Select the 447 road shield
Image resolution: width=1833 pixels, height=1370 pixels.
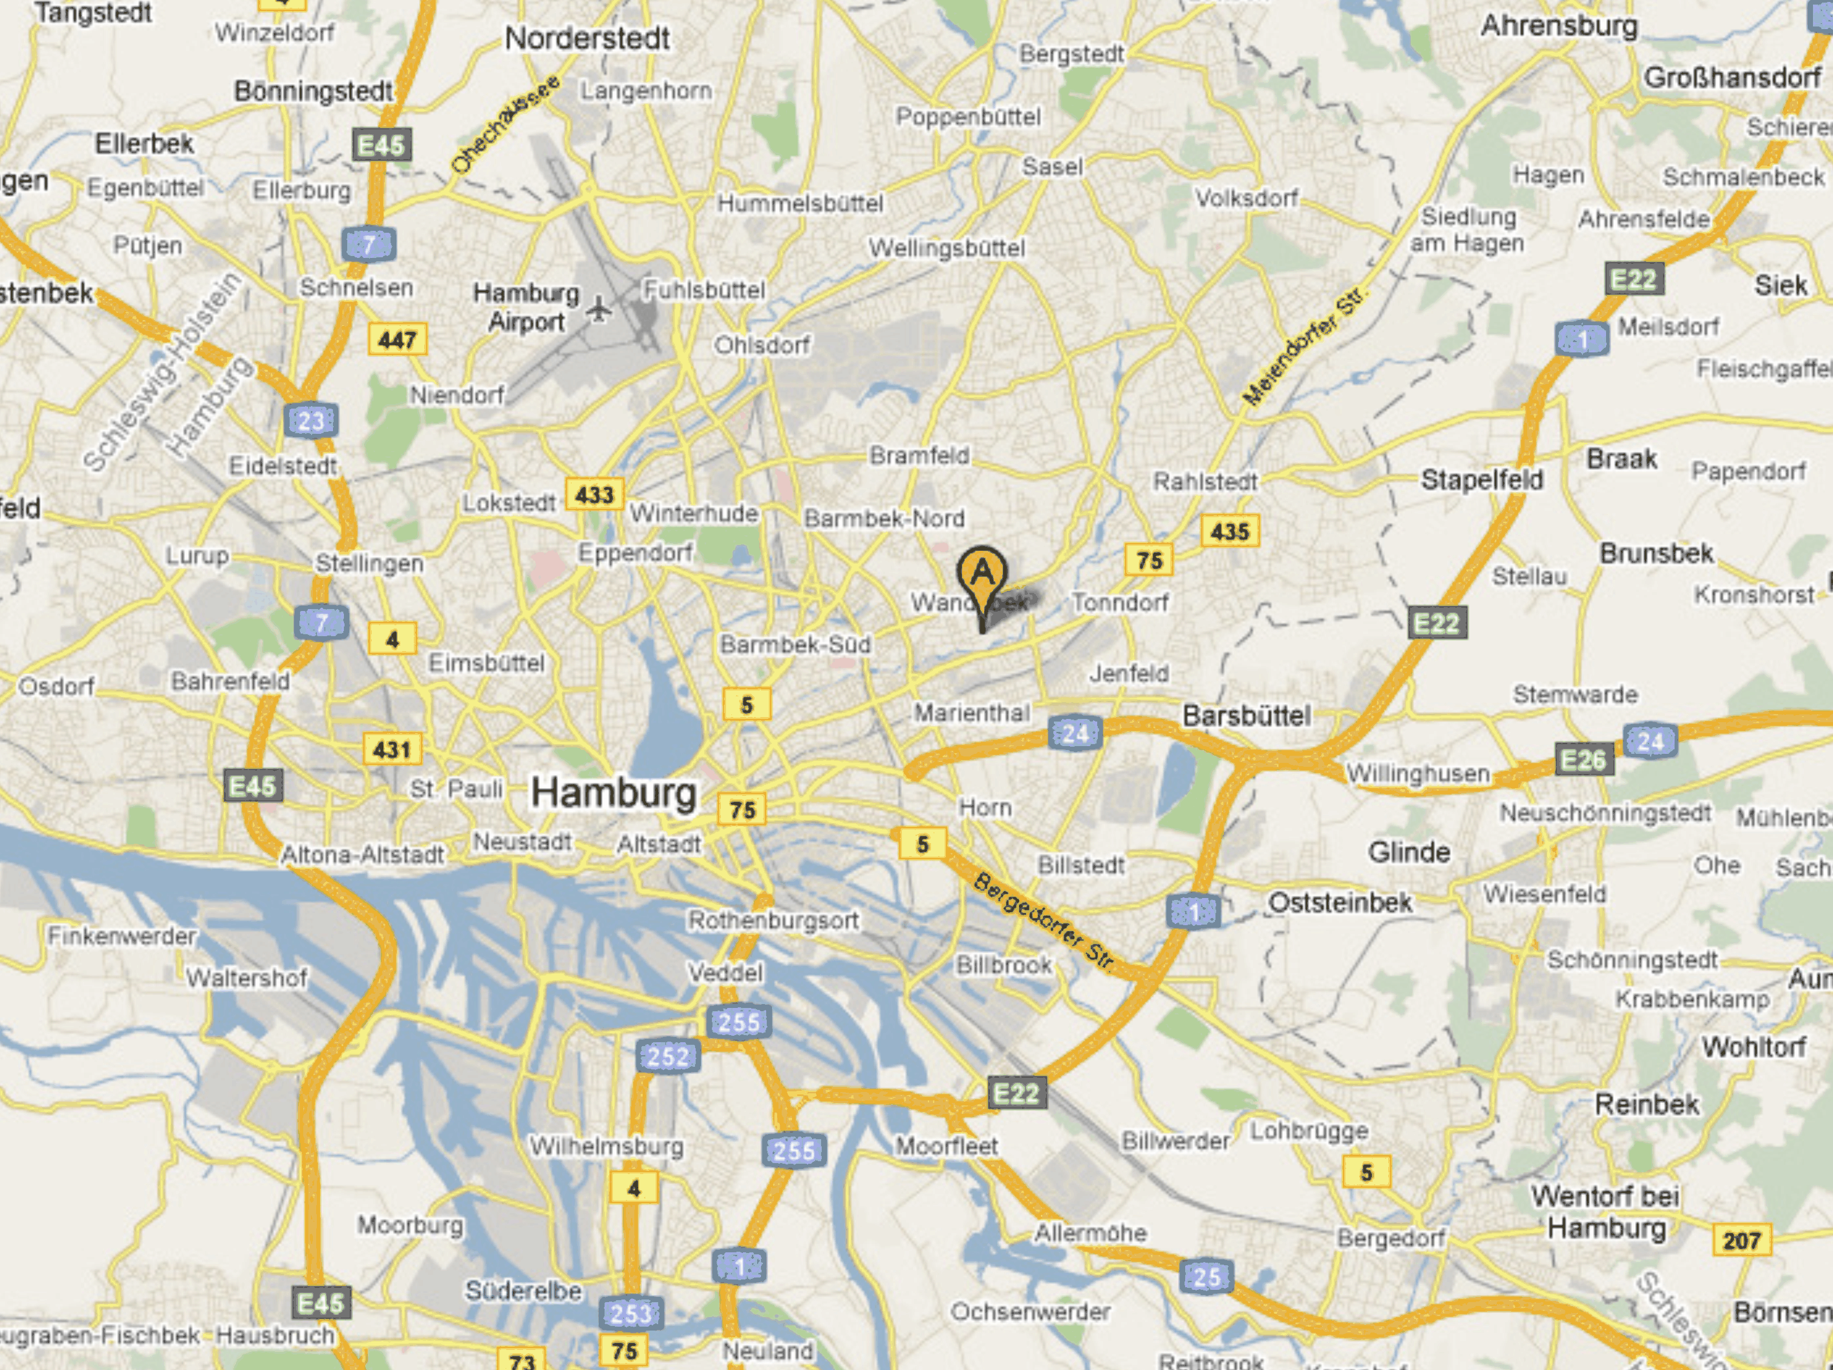tap(397, 340)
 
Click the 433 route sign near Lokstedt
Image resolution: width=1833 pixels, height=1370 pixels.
tap(594, 495)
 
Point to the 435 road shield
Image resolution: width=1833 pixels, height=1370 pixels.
tap(1230, 531)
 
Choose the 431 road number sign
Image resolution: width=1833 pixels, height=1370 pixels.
tap(392, 749)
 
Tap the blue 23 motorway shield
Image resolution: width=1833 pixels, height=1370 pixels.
tap(311, 421)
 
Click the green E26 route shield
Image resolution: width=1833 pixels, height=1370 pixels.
tap(1583, 759)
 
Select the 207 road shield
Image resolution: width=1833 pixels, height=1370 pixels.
tap(1741, 1240)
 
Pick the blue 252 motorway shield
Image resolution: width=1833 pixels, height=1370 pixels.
tap(668, 1056)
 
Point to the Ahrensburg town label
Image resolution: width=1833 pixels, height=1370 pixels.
tap(1559, 26)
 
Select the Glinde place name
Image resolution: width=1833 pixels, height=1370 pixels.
tap(1409, 851)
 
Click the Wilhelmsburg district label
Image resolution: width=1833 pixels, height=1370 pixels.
tap(606, 1146)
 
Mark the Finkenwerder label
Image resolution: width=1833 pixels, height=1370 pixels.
tap(122, 936)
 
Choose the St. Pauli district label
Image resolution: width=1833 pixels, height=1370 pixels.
tap(456, 788)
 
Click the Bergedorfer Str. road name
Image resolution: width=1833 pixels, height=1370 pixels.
tap(1045, 921)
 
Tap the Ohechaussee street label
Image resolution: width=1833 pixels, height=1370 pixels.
tap(506, 124)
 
